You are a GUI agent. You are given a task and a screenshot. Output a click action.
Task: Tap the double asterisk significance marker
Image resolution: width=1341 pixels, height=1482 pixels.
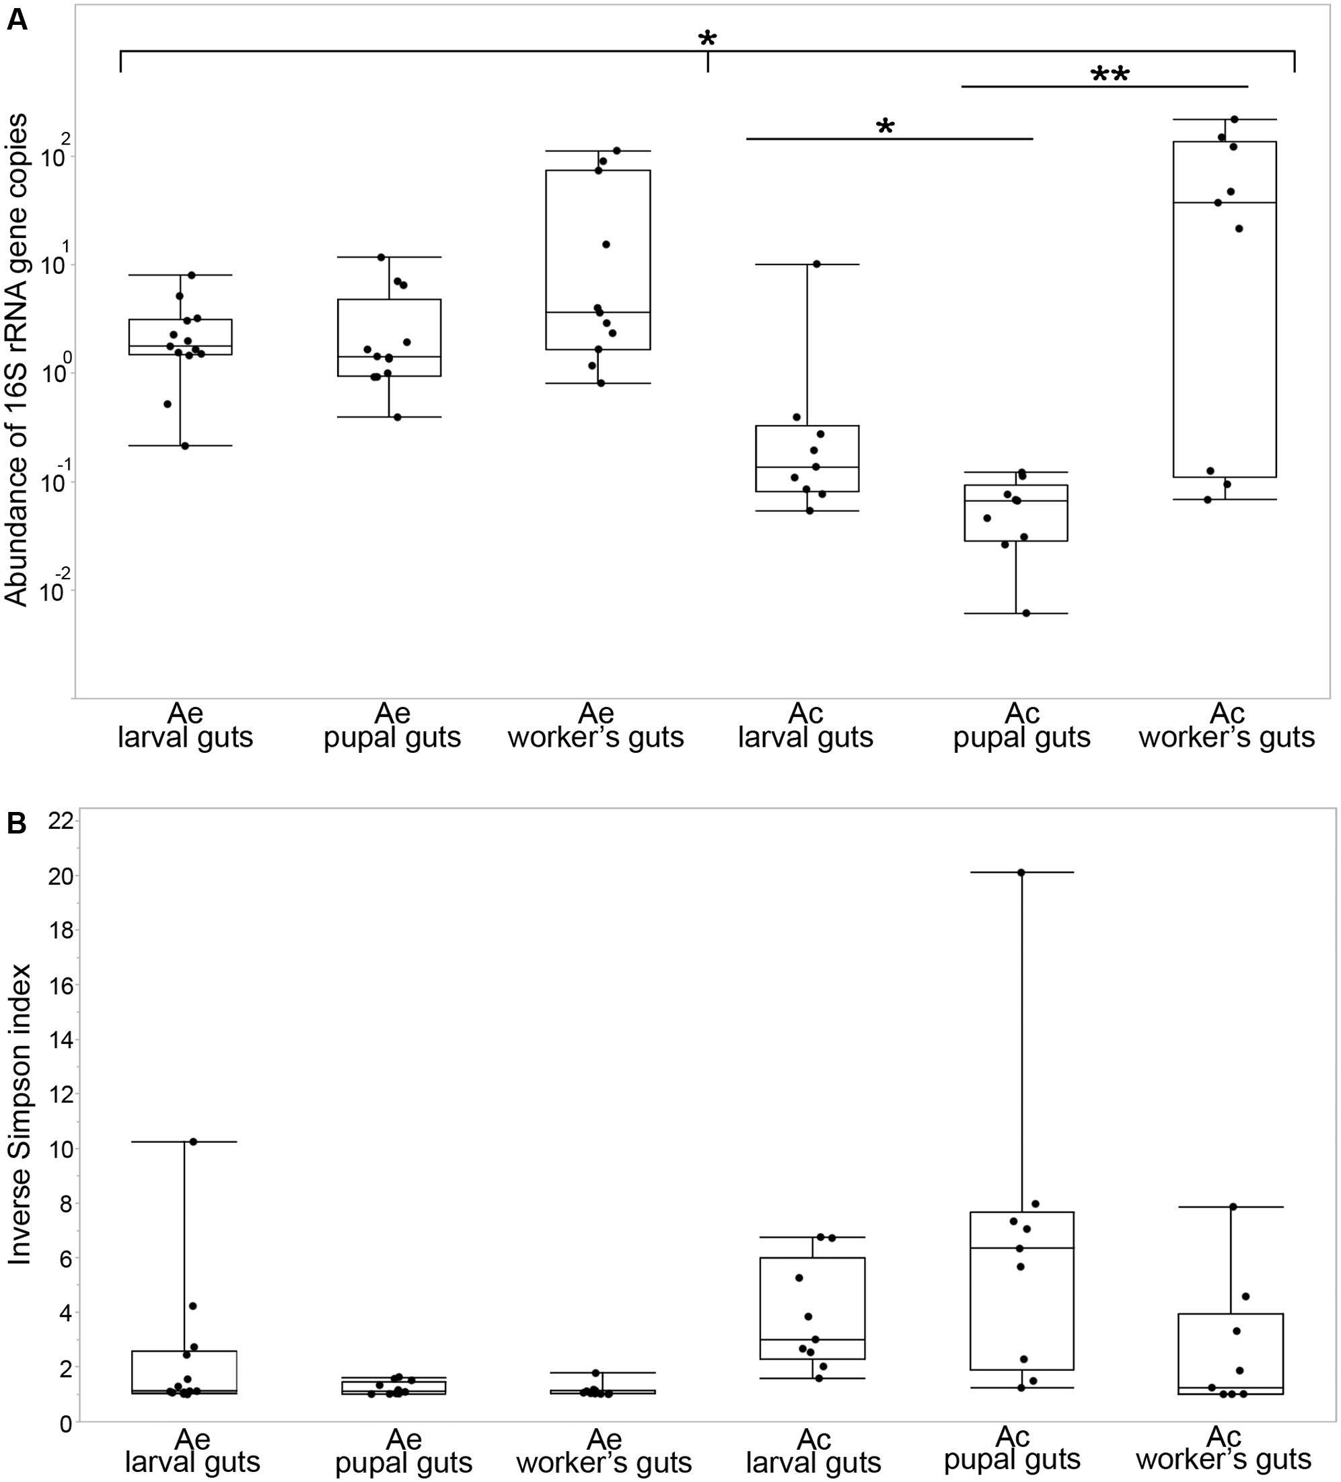pos(1110,75)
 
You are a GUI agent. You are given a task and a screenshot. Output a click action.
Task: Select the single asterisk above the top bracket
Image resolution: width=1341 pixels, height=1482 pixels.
pos(707,40)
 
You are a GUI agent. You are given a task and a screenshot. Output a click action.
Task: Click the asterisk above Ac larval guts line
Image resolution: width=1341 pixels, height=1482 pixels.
pos(885,127)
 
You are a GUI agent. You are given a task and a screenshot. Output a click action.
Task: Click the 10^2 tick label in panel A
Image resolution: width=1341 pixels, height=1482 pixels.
pos(55,153)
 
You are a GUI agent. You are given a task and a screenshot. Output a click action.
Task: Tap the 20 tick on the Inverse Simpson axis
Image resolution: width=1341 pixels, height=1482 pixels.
pos(61,877)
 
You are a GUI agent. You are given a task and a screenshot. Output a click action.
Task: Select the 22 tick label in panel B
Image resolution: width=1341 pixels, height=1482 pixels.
pos(61,821)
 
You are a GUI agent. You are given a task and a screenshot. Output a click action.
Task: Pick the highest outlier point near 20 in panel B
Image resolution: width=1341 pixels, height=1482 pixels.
pos(1021,873)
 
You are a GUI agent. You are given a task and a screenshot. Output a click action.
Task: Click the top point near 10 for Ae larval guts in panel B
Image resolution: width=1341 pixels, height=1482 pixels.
pos(193,1142)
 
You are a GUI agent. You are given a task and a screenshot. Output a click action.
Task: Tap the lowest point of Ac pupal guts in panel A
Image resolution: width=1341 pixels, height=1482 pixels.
pos(1026,613)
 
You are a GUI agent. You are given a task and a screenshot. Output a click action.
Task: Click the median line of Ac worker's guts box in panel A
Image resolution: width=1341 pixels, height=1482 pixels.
pos(1224,202)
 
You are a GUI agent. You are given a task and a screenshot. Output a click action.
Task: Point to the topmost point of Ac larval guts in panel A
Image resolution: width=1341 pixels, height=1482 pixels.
pos(816,264)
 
